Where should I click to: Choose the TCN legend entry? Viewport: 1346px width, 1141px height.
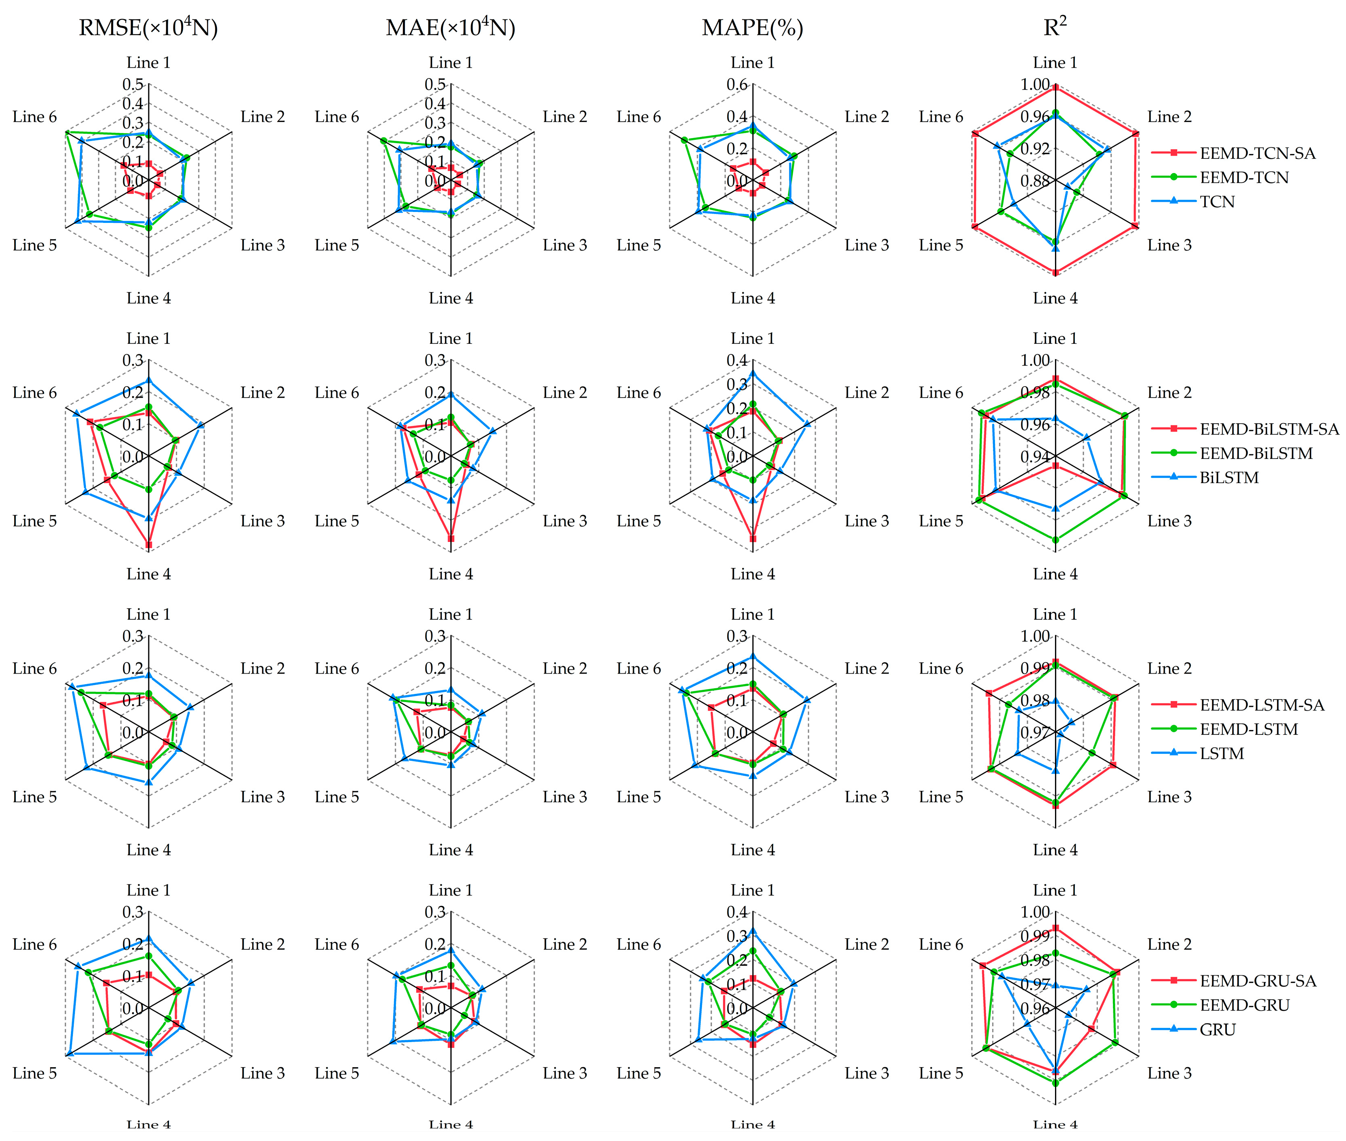[1217, 202]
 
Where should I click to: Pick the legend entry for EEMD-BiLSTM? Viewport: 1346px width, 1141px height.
[1256, 454]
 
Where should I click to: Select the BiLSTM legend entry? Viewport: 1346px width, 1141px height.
[1229, 478]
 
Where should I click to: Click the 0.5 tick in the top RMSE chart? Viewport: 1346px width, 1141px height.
[133, 85]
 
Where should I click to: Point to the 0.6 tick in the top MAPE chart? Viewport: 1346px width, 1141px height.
[737, 85]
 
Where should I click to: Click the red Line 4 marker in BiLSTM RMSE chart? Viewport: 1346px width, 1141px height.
[149, 545]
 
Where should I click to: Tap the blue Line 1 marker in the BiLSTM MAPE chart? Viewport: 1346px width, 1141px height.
[752, 373]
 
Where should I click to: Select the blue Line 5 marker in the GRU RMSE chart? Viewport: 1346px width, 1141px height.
[68, 1054]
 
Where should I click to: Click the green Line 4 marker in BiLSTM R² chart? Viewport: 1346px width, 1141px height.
[1055, 539]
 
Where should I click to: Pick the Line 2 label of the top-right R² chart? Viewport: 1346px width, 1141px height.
[1169, 117]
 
